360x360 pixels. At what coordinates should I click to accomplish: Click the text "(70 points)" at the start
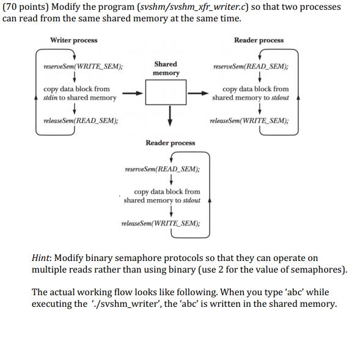pyautogui.click(x=23, y=7)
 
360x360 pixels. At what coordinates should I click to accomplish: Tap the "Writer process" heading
pyautogui.click(x=73, y=40)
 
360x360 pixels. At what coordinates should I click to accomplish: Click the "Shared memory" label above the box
pyautogui.click(x=166, y=68)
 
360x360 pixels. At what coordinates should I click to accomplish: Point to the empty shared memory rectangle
pyautogui.click(x=165, y=93)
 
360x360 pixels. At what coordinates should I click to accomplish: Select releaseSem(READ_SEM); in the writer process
pyautogui.click(x=81, y=120)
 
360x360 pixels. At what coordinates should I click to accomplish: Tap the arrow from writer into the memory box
pyautogui.click(x=133, y=94)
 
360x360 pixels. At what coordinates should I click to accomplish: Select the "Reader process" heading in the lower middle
pyautogui.click(x=170, y=142)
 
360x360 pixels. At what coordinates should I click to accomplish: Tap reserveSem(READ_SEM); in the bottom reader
pyautogui.click(x=161, y=169)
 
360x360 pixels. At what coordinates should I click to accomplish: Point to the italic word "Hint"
pyautogui.click(x=41, y=259)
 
